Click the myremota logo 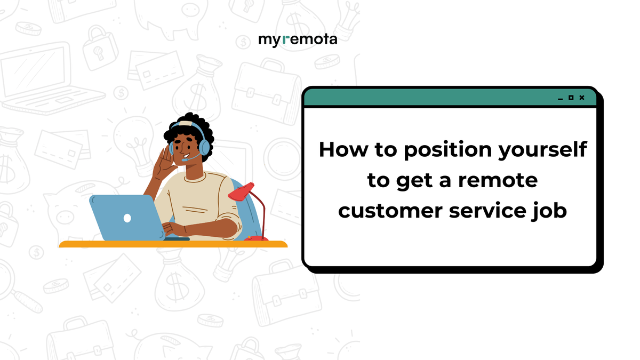[298, 40]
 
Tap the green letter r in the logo [286, 40]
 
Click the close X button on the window [582, 98]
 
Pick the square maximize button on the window [571, 98]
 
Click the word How [341, 150]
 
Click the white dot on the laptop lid [127, 218]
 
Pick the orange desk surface [173, 244]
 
